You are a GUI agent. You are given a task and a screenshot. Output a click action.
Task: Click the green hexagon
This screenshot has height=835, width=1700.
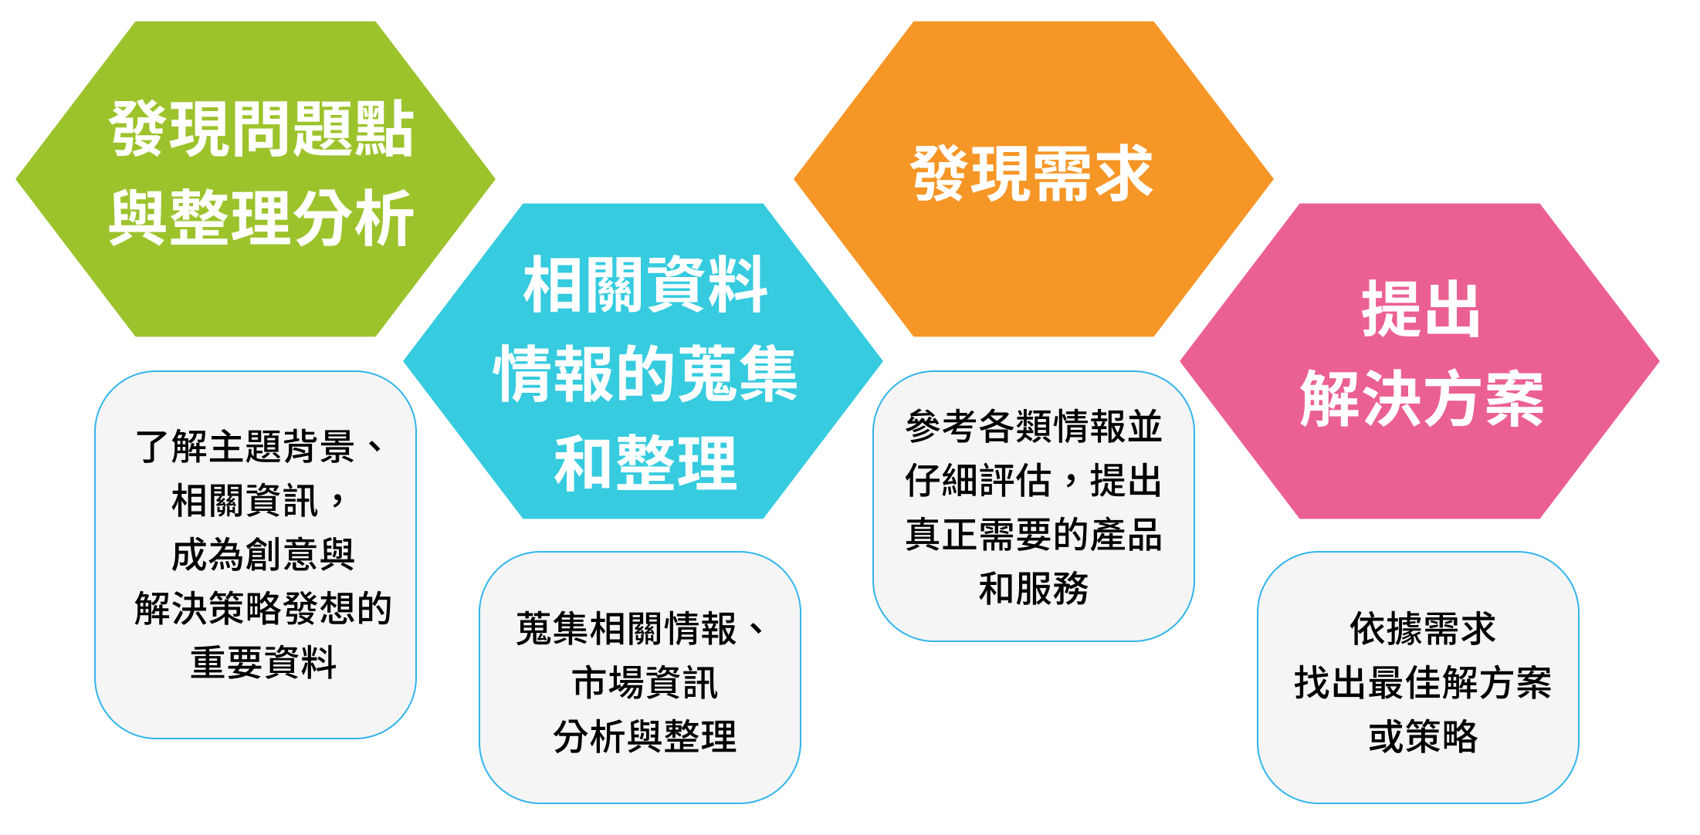click(255, 179)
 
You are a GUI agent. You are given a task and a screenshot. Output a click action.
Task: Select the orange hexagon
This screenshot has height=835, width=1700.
click(1033, 179)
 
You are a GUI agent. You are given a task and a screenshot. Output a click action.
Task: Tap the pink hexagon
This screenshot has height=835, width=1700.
click(1420, 361)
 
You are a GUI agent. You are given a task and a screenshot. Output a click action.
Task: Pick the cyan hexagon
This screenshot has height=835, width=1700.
click(643, 361)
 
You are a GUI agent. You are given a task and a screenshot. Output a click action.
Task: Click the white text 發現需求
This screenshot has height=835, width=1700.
click(1032, 174)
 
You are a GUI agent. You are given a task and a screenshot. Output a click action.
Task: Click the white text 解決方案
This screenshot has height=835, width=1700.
click(1421, 398)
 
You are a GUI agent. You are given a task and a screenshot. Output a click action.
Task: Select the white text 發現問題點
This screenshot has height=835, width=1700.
click(262, 129)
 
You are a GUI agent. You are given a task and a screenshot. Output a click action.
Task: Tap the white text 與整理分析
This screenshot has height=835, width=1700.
click(262, 218)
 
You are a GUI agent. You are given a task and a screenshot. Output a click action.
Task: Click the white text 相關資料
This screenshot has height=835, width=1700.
click(645, 285)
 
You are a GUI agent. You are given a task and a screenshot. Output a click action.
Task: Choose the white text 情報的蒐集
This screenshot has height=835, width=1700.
click(645, 374)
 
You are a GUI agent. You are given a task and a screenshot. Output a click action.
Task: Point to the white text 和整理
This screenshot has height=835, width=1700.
click(645, 463)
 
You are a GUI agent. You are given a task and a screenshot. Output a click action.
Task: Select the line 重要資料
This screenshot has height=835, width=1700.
click(263, 662)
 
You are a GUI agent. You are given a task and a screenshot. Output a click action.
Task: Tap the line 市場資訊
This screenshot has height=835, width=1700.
click(645, 683)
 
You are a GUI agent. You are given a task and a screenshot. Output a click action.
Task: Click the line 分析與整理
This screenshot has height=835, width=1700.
click(645, 736)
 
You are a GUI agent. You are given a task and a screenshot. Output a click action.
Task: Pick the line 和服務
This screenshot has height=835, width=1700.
click(1034, 588)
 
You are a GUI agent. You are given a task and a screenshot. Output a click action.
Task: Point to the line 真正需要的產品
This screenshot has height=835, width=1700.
click(1034, 534)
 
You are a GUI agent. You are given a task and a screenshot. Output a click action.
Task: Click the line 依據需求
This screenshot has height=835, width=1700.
click(1423, 628)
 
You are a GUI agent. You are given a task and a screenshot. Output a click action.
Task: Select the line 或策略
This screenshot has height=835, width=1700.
click(1423, 736)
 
